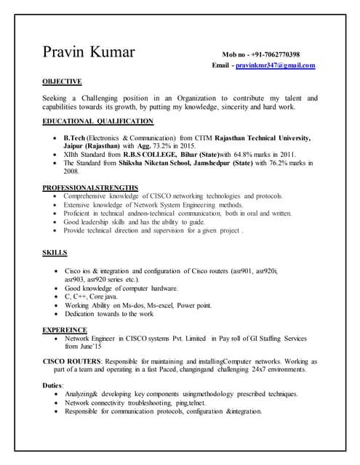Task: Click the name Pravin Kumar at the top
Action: (94, 54)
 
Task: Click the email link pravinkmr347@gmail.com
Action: (279, 65)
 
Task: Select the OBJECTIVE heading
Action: (62, 81)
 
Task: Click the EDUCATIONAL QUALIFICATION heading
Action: (98, 121)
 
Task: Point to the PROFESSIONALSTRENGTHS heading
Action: (89, 188)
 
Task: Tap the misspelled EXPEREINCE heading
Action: (65, 330)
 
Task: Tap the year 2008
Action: (71, 171)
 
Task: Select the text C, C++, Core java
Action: (91, 297)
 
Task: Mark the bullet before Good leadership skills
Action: (56, 222)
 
